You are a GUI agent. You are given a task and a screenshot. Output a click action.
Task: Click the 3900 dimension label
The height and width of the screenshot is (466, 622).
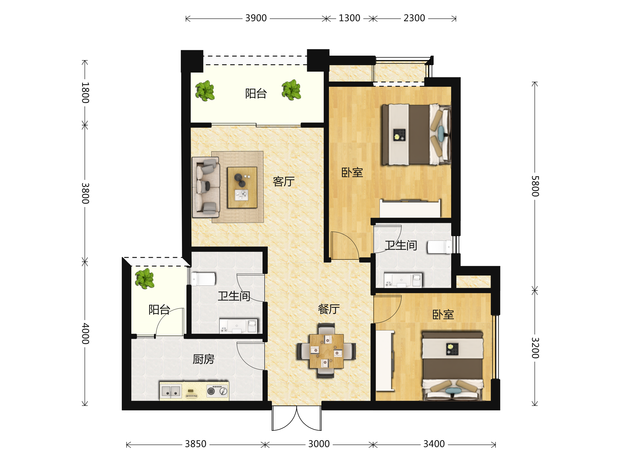[x=256, y=18]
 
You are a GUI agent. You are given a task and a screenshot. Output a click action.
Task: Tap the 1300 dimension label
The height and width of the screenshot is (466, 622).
[x=349, y=18]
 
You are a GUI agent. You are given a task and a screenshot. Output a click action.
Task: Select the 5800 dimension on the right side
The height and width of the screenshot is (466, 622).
[x=535, y=186]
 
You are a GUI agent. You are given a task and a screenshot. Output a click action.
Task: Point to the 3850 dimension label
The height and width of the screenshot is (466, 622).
[x=196, y=444]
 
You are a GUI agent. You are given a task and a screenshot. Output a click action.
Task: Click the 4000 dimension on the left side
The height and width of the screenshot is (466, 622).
[x=85, y=333]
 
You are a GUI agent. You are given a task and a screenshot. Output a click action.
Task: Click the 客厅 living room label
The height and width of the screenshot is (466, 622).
[x=284, y=181]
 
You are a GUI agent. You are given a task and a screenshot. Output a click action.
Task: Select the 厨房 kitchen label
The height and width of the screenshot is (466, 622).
[x=204, y=359]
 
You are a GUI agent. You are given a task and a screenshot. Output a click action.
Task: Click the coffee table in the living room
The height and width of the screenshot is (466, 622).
[x=242, y=187]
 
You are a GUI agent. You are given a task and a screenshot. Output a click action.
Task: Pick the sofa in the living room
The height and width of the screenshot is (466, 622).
[x=206, y=187]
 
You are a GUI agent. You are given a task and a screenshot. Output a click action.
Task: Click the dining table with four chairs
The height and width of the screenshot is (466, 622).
[x=326, y=351]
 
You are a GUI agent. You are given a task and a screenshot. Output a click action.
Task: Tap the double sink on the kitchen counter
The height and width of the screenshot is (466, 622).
[x=171, y=391]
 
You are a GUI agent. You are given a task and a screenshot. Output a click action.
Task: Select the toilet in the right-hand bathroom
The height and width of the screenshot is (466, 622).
[x=440, y=247]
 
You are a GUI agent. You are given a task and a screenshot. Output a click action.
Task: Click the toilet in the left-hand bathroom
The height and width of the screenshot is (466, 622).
[x=203, y=279]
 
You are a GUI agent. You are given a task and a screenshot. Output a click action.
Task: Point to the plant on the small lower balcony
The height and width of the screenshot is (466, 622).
[x=145, y=278]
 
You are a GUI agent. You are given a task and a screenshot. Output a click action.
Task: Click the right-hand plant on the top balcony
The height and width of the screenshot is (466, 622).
[x=291, y=90]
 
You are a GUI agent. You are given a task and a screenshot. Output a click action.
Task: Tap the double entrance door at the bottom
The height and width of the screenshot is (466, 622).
[x=297, y=418]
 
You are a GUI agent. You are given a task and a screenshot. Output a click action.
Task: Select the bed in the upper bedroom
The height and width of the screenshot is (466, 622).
[x=416, y=135]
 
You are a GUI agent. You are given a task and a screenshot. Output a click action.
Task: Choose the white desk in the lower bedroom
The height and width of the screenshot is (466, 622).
[x=385, y=361]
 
